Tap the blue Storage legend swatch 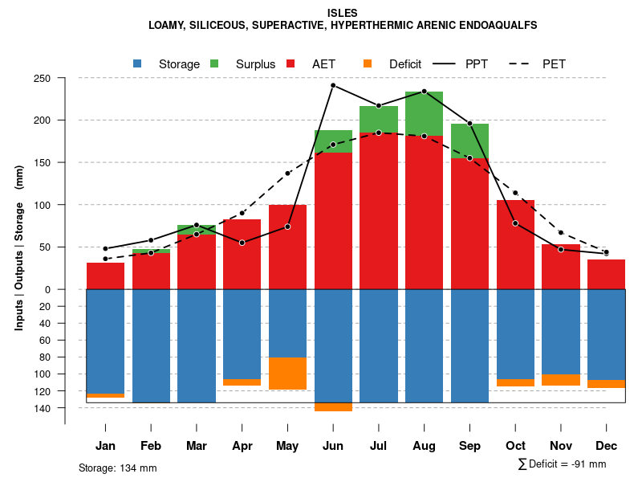[137, 63]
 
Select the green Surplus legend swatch [214, 63]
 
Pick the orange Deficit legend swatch [368, 63]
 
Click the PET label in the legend [554, 64]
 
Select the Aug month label [424, 446]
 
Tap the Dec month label [606, 446]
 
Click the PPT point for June [333, 85]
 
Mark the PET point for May [287, 174]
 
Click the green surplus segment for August [424, 113]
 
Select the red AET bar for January [105, 276]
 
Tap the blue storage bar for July [379, 345]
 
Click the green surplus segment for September [469, 141]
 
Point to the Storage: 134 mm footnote [117, 468]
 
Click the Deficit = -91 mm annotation [562, 464]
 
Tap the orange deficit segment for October [515, 382]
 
